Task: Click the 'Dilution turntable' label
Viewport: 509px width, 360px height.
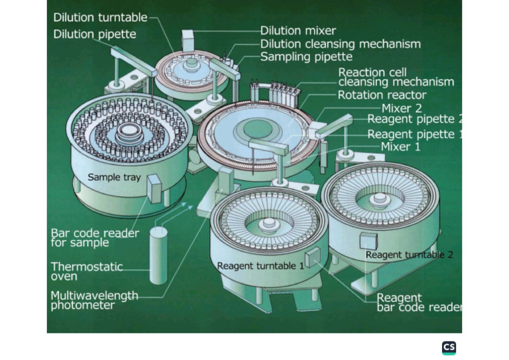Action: [101, 18]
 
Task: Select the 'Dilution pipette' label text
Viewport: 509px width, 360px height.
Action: [94, 34]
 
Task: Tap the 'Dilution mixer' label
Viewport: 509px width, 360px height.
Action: [298, 30]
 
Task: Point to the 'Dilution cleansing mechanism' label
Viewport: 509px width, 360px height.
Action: [340, 44]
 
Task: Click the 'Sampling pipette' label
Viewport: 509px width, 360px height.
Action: [306, 57]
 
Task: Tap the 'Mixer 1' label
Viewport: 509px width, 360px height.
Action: [400, 147]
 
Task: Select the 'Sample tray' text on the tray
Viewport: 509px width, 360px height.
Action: [113, 178]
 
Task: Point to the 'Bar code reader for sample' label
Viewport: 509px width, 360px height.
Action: [95, 238]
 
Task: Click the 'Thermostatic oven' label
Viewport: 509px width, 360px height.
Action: [87, 271]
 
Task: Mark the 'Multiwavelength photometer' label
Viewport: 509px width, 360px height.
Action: [94, 300]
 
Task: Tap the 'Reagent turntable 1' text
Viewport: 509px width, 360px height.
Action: [260, 266]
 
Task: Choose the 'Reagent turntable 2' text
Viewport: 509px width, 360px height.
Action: [409, 255]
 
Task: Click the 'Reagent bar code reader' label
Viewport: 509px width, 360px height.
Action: [418, 303]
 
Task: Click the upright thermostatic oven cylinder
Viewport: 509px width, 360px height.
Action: [159, 255]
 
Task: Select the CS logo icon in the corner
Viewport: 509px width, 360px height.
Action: [449, 348]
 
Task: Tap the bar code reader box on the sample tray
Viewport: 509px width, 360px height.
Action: [154, 188]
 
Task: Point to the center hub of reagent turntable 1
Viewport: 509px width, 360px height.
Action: [268, 223]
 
